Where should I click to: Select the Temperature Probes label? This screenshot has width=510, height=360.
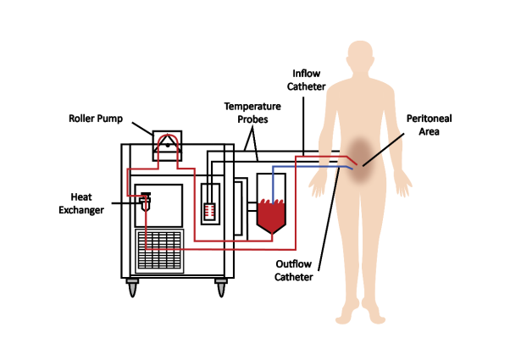251,114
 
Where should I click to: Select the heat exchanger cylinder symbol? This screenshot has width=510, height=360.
146,202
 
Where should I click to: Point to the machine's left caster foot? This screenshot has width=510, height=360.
133,287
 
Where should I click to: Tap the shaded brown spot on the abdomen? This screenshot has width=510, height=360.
363,152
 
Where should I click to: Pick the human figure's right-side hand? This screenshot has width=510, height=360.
406,182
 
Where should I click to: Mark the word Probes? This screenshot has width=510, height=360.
251,119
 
